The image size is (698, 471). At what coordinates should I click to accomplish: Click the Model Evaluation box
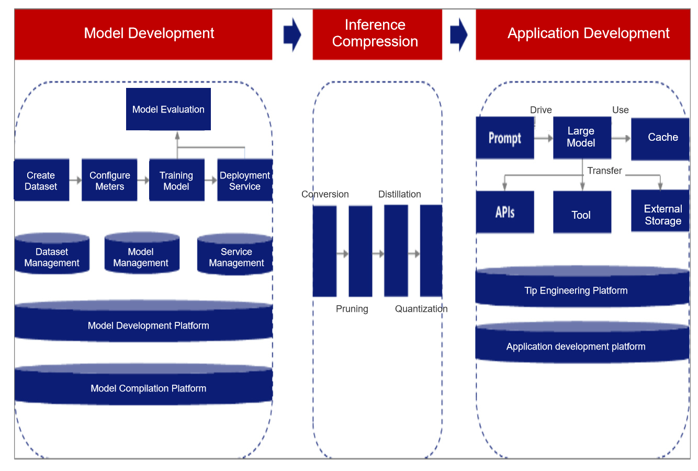168,109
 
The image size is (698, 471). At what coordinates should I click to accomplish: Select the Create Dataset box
41,180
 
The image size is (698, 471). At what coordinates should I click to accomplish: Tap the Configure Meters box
109,180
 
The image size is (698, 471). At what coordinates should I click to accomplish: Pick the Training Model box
177,180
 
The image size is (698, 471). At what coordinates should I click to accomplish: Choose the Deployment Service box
245,180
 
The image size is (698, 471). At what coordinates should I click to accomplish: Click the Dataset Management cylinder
52,253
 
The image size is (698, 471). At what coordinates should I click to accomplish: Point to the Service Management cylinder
235,254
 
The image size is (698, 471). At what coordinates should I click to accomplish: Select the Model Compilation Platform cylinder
144,384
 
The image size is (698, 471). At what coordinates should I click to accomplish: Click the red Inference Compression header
377,35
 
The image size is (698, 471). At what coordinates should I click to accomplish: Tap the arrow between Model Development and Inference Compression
292,35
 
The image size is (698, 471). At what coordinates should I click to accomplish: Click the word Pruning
352,309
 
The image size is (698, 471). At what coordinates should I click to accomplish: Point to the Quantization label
421,309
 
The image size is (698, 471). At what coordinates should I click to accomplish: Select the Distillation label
399,194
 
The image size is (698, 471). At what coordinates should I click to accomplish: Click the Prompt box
505,138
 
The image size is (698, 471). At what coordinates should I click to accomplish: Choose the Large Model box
582,138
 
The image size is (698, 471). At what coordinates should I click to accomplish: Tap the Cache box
660,139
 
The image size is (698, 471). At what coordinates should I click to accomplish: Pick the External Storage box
660,211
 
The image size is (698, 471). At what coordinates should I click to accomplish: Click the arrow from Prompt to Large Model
544,138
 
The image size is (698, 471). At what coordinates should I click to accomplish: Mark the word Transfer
604,171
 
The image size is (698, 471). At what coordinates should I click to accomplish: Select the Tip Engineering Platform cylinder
582,286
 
